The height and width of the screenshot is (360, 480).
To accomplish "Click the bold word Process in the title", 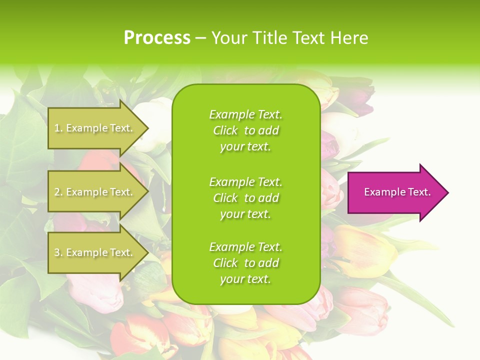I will click(157, 38).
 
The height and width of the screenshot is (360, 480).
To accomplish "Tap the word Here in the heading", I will click(349, 38).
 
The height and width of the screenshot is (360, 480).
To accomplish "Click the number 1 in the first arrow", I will click(57, 128).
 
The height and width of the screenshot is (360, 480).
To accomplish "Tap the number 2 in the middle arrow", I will click(57, 192).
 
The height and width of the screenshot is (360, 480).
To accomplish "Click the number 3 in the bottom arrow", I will click(57, 252).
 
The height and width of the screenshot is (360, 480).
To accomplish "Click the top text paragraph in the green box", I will click(245, 130).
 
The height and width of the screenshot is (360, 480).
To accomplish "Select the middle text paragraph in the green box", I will click(245, 198).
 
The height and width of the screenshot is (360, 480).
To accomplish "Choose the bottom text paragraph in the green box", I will click(245, 263).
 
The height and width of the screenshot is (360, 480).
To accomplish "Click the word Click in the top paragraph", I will click(225, 130).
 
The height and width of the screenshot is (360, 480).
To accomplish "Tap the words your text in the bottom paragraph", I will click(245, 279).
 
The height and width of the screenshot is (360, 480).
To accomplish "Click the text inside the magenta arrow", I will click(397, 192).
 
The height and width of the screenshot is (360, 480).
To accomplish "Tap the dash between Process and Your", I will click(200, 38).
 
